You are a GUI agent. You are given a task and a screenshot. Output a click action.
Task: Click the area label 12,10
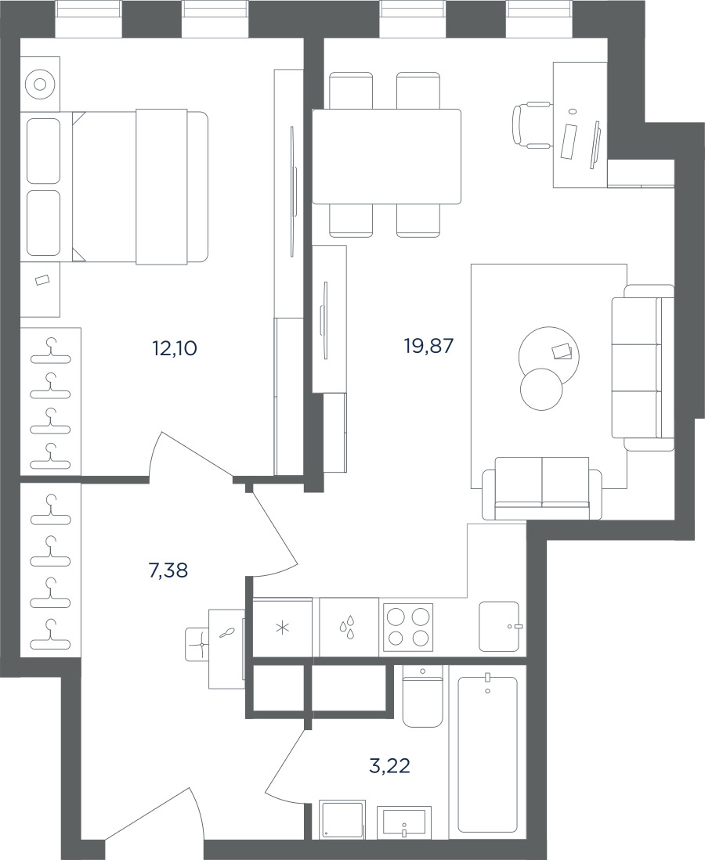(x=175, y=347)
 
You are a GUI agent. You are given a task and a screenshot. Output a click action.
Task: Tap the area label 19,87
(x=428, y=346)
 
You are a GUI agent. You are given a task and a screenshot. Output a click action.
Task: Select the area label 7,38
(x=168, y=571)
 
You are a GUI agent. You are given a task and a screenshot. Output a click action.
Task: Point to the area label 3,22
(x=390, y=765)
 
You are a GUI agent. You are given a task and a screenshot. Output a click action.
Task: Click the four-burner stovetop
(x=407, y=626)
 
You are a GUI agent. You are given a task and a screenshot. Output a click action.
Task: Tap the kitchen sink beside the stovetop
(x=499, y=626)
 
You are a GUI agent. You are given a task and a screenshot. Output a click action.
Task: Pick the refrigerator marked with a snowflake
(x=282, y=628)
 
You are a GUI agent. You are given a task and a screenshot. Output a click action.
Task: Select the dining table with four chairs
(x=386, y=156)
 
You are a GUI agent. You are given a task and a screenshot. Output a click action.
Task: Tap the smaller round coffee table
(x=541, y=389)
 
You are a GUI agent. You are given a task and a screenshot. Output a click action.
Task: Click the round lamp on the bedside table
(x=40, y=85)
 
